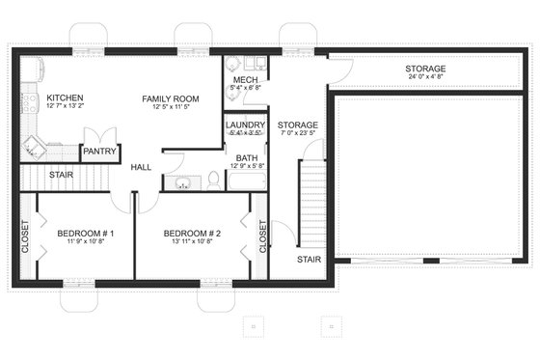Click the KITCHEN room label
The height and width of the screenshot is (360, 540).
tap(65, 97)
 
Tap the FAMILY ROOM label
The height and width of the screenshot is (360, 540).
tap(170, 98)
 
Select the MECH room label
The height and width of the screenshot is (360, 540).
tap(245, 79)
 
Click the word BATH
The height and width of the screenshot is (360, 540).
tap(246, 156)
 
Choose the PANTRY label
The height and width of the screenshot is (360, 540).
tap(100, 152)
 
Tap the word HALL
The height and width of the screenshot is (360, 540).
tap(141, 167)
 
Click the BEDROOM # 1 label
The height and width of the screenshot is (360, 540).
tap(86, 234)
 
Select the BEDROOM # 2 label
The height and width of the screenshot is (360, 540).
tap(192, 234)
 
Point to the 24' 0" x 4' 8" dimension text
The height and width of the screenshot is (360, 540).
tap(425, 80)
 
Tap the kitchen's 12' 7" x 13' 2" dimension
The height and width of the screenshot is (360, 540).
tap(65, 108)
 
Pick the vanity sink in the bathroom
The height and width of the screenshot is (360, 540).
tap(183, 181)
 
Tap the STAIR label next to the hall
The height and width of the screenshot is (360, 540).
tap(61, 174)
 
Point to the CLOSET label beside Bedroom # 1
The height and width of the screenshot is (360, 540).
tap(25, 237)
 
